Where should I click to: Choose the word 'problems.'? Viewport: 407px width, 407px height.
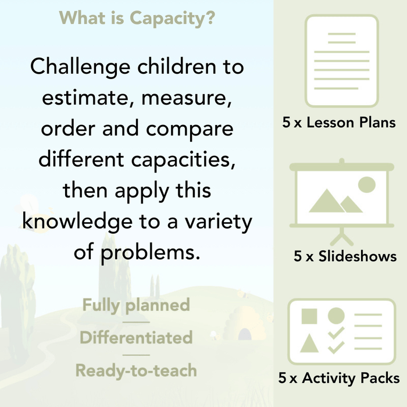tap(149, 253)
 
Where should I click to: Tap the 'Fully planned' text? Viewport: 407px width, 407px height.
tap(136, 305)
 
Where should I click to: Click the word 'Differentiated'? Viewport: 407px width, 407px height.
tap(136, 338)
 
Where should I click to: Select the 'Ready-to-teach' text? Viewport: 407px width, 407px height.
tap(136, 370)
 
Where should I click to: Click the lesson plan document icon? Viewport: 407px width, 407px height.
tap(341, 61)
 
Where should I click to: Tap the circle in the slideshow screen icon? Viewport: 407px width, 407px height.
tap(366, 185)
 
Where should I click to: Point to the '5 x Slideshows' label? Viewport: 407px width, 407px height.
tap(345, 256)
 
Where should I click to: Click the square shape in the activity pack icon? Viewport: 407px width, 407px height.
tap(309, 316)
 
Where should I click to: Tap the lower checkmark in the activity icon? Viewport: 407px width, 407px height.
tap(336, 347)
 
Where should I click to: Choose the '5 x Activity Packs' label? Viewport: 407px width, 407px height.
tap(339, 379)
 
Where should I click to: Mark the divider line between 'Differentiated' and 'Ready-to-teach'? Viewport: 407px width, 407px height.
tap(136, 354)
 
